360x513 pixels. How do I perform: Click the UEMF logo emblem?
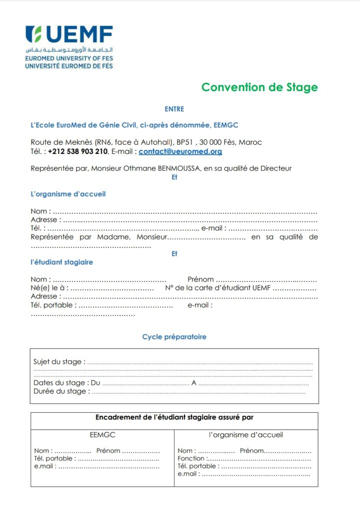point(34,35)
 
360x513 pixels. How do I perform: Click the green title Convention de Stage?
point(259,87)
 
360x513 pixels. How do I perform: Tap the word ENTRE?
point(174,109)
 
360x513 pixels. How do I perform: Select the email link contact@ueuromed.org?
point(181,151)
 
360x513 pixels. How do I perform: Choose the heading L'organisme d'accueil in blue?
point(68,194)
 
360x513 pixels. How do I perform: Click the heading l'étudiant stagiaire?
point(62,262)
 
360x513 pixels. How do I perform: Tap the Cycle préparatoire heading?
point(174,337)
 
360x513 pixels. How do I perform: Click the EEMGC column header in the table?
point(102,435)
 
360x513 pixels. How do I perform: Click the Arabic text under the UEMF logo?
point(69,51)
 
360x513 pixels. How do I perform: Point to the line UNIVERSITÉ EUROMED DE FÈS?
point(69,66)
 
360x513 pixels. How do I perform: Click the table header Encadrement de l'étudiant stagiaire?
point(174,417)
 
